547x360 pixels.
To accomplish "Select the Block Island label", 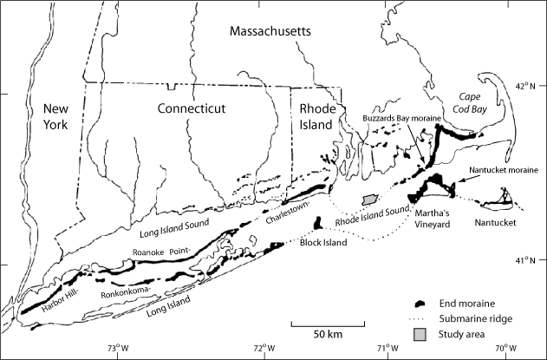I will coord(323,243).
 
